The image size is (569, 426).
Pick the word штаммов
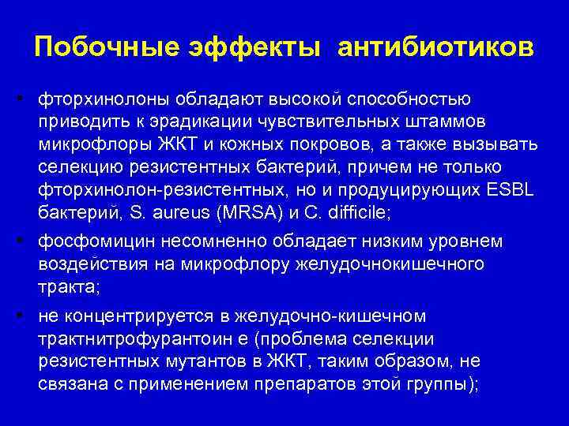pos(463,123)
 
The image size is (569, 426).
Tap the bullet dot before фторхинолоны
pos(25,99)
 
